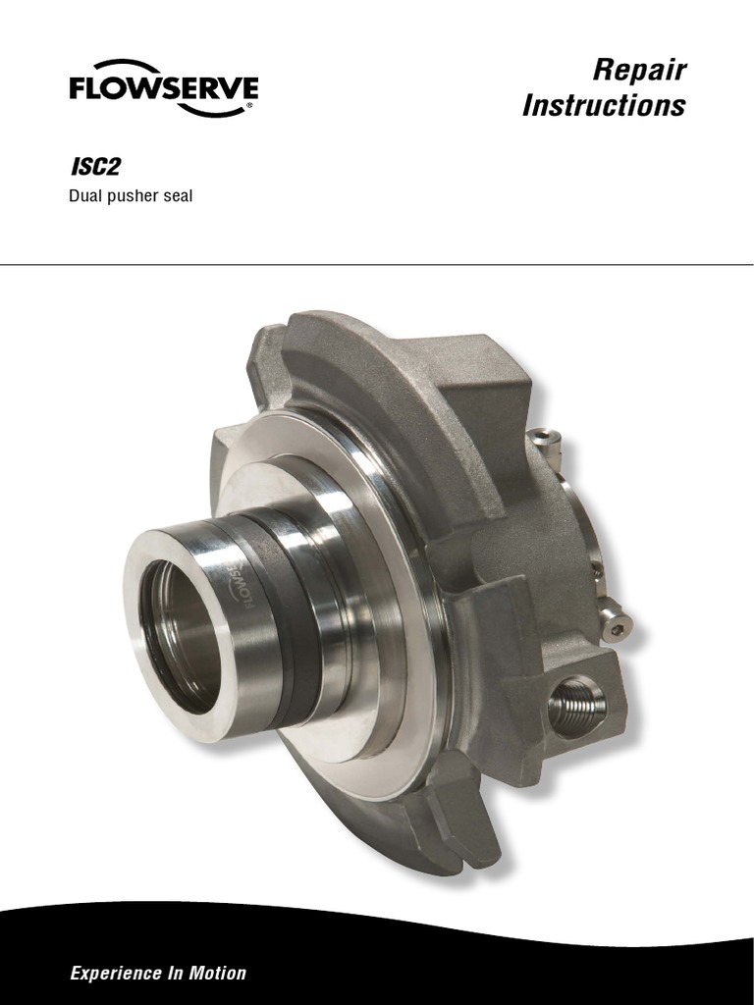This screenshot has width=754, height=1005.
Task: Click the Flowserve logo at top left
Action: click(x=163, y=92)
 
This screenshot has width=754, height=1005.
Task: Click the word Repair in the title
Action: click(x=639, y=71)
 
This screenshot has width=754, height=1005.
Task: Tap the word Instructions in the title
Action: click(x=604, y=106)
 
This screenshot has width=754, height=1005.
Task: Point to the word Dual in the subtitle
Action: click(x=83, y=196)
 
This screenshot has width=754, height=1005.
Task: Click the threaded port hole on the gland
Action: click(x=575, y=705)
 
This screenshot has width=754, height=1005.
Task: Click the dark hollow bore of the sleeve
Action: click(x=182, y=633)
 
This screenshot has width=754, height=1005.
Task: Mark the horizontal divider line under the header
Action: click(x=377, y=264)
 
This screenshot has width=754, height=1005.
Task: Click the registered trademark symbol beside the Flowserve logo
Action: click(x=251, y=104)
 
